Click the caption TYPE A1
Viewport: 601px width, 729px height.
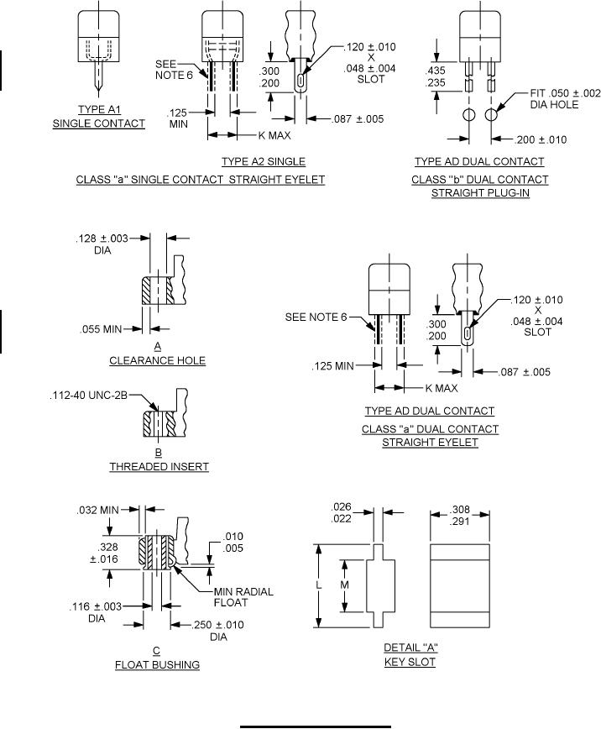[x=99, y=109]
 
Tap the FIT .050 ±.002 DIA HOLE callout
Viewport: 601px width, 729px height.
[x=565, y=98]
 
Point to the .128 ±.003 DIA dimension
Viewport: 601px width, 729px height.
[x=102, y=244]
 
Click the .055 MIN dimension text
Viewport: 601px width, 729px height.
[x=101, y=329]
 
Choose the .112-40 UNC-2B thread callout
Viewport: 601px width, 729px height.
[x=88, y=396]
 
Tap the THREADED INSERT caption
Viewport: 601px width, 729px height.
[x=159, y=466]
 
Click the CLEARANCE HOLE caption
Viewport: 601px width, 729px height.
[x=158, y=360]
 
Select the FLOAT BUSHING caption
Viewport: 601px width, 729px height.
[x=157, y=665]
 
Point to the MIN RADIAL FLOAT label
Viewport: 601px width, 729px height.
[x=243, y=597]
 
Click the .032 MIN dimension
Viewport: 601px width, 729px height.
[x=97, y=510]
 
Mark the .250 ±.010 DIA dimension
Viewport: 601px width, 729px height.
[x=218, y=631]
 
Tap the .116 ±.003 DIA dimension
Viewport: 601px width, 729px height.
[x=96, y=612]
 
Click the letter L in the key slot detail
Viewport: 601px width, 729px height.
[x=319, y=585]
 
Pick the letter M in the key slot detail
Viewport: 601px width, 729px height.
[x=344, y=585]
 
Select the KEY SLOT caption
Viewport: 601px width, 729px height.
[x=410, y=662]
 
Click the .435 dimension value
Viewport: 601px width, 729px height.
[x=435, y=71]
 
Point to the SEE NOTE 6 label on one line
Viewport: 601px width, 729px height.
[x=316, y=317]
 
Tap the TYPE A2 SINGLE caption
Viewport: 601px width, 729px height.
[x=264, y=161]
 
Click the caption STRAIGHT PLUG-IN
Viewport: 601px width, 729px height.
[x=480, y=193]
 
